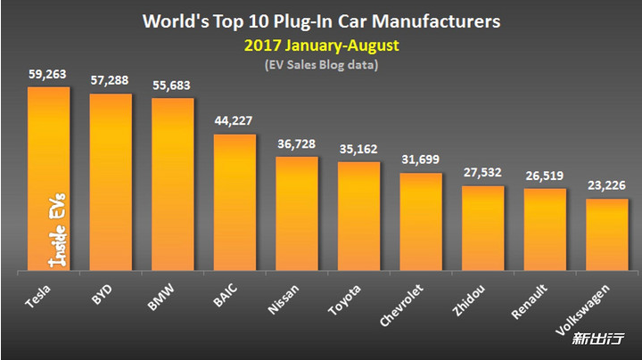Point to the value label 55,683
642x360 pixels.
[173, 87]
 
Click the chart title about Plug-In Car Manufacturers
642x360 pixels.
[321, 19]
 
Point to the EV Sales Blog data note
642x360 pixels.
[322, 63]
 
